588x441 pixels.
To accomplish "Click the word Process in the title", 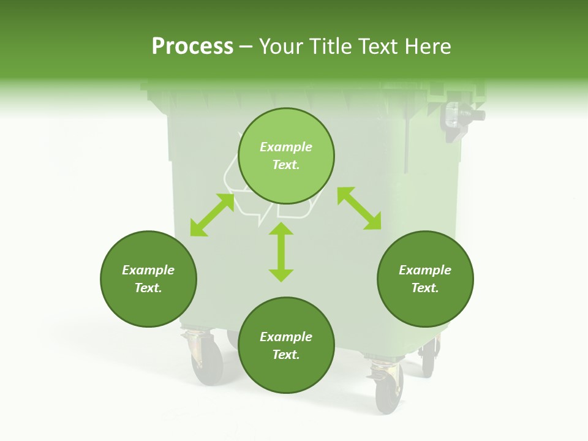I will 192,47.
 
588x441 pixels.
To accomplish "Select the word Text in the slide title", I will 377,47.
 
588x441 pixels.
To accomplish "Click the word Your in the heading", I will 282,47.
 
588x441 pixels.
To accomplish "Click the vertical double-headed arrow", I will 281,252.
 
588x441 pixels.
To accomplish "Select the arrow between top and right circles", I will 359,208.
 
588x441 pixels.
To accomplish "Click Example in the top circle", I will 286,147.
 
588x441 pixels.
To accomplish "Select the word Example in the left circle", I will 148,270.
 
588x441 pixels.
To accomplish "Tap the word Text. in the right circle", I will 425,288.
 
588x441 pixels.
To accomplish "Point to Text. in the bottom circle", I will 286,355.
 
